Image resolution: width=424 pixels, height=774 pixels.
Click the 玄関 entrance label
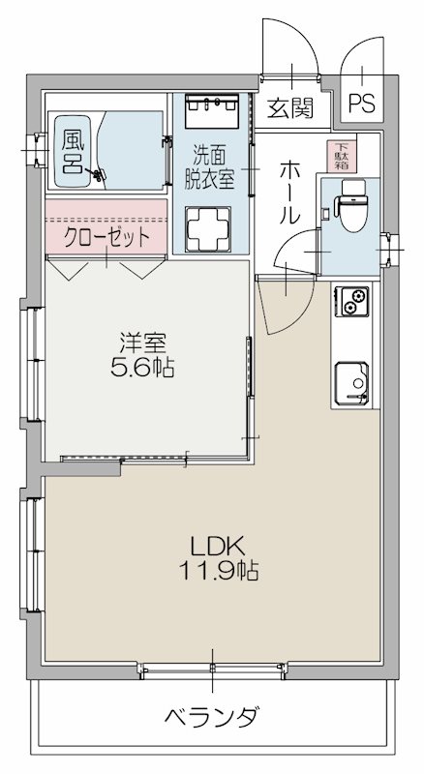click(290, 108)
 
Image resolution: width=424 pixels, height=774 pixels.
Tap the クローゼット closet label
click(107, 236)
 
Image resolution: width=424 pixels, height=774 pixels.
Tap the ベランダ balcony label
click(211, 718)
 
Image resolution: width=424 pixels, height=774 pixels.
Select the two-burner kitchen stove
click(351, 301)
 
